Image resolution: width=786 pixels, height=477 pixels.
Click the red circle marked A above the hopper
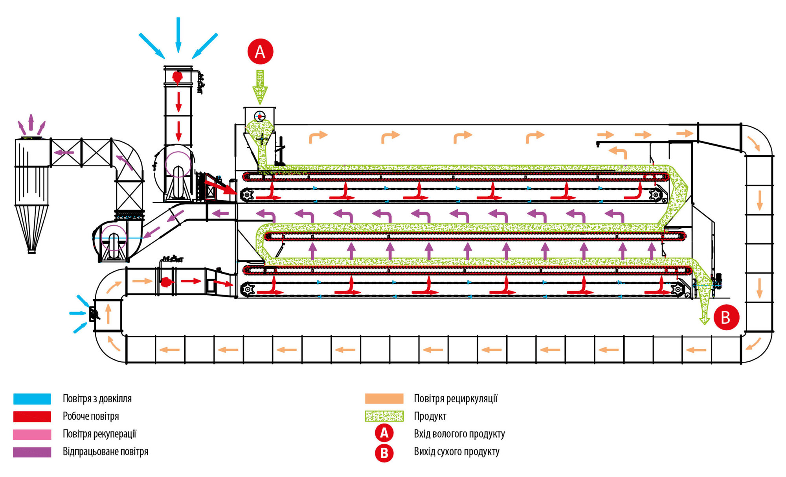tap(260, 52)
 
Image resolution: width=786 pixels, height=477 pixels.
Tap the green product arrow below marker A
tap(260, 87)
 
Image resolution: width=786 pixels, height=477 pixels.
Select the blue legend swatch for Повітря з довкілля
tap(32, 399)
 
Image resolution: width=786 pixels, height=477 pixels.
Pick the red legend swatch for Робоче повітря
tap(32, 416)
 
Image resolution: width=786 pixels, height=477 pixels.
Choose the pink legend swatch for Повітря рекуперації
tap(32, 434)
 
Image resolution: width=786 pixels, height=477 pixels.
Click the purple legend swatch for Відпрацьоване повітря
tap(32, 452)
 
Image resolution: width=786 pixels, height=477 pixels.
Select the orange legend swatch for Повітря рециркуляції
tap(384, 399)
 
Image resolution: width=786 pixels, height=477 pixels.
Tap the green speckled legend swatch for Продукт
tap(384, 416)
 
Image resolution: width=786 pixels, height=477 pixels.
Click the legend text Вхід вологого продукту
tap(459, 434)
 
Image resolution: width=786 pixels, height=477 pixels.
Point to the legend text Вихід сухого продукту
tap(457, 451)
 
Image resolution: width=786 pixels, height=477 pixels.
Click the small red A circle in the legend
tap(384, 433)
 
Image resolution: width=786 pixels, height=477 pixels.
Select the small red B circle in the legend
tap(384, 453)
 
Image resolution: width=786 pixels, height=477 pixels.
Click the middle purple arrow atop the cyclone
tap(31, 122)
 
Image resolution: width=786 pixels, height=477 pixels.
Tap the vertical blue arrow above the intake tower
tap(178, 35)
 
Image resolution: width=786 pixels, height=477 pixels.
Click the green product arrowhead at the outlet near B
tap(704, 320)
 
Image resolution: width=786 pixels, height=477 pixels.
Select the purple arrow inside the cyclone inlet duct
tap(64, 153)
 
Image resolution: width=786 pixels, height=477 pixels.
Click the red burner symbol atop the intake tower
tap(177, 77)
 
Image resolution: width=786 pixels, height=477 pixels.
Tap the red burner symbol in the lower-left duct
tap(166, 282)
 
